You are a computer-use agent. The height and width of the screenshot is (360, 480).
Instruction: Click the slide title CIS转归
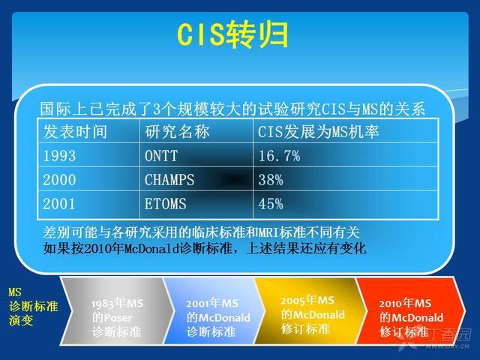tap(232, 34)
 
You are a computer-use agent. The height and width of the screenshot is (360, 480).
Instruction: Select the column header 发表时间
tap(75, 132)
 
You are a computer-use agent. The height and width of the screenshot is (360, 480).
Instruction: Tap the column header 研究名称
tap(177, 132)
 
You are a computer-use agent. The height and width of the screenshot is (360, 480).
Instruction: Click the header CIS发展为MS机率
tap(318, 132)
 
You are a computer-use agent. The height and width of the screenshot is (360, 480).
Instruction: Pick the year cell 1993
tap(59, 156)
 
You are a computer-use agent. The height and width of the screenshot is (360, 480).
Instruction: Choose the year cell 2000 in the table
tap(59, 180)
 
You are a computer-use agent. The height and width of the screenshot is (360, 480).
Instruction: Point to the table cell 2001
tap(59, 204)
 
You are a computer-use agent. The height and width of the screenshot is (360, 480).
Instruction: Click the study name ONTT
tap(161, 156)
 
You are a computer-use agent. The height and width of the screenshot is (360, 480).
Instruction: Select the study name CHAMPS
tap(169, 180)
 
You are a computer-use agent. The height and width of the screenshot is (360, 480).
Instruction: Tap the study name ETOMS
tap(165, 204)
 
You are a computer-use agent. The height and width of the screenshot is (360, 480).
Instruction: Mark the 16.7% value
tap(279, 156)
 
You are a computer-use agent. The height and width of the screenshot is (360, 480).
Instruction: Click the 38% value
tap(271, 180)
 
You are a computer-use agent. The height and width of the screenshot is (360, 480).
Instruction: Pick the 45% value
tap(271, 204)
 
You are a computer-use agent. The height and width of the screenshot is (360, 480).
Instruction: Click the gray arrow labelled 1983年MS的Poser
tap(117, 311)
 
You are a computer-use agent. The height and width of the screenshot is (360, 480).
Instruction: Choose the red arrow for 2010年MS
tap(411, 311)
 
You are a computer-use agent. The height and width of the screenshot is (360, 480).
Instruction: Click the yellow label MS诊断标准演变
tap(33, 307)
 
